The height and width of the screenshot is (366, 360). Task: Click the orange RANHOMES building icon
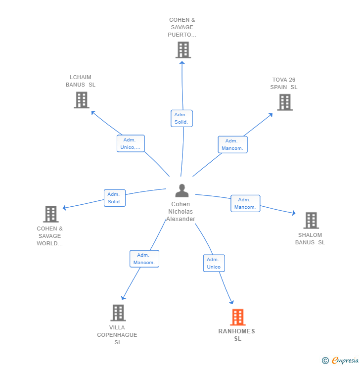237,317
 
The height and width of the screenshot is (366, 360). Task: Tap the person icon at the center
182,191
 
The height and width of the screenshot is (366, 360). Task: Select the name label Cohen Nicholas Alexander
180,212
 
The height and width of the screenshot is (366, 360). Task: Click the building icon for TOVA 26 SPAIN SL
284,102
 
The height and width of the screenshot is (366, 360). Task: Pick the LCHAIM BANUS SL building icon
81,100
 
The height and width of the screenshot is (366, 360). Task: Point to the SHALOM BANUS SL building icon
311,221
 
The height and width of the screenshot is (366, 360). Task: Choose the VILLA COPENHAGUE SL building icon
118,313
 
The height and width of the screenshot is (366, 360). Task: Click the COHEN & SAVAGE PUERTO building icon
183,50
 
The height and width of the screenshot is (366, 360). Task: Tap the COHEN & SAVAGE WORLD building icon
50,214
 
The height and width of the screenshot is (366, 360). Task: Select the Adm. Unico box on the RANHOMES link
214,263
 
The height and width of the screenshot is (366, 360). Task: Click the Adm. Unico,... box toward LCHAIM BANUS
131,143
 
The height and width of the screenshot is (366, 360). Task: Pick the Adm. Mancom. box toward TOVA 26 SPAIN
232,144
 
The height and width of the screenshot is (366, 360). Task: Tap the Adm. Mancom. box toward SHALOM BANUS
245,203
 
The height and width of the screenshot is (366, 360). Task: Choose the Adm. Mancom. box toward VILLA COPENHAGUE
144,259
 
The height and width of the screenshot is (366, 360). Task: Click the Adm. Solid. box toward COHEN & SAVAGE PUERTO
181,118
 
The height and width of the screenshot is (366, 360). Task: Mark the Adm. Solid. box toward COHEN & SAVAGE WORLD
114,198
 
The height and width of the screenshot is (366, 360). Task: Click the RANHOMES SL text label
237,335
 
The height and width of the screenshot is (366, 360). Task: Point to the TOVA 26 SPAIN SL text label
284,84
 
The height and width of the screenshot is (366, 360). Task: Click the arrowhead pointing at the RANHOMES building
230,302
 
